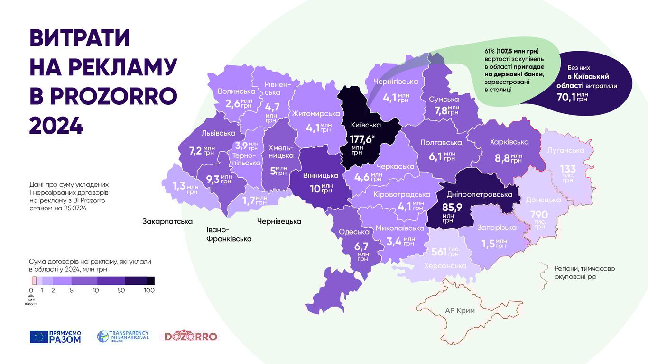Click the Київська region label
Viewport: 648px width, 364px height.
tap(366, 125)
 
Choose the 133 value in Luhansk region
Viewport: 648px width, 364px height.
tap(567, 169)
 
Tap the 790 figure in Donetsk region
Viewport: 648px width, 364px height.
tap(538, 215)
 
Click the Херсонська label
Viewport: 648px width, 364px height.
tap(445, 266)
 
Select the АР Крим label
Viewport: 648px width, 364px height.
tap(460, 311)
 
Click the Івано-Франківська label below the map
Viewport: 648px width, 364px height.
tap(229, 234)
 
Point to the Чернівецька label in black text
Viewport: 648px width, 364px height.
tap(279, 221)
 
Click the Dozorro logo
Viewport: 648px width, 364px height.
tap(191, 337)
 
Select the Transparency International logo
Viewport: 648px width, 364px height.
tap(123, 336)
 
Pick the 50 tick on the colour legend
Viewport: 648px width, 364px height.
tap(121, 290)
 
